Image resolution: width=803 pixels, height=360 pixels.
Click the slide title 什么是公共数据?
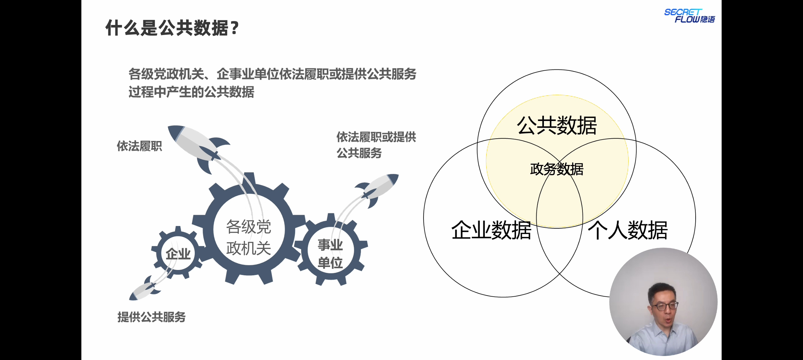172,28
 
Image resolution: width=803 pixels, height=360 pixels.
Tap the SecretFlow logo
689,16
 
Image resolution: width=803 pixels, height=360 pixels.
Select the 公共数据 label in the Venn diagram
557,126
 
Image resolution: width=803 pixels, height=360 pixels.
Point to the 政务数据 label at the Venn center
557,169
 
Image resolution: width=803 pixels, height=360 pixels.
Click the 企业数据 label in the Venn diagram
491,230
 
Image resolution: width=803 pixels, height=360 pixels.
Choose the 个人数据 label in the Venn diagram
628,230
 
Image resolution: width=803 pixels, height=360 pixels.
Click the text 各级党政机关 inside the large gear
248,238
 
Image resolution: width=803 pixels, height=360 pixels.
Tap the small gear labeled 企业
178,254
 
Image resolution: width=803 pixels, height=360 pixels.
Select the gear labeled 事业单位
330,253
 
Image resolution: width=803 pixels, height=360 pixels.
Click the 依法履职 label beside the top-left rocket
139,146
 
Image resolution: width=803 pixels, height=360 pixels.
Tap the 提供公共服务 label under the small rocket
151,317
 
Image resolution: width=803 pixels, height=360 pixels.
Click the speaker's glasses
665,306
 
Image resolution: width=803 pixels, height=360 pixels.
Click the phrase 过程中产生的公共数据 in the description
191,92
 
